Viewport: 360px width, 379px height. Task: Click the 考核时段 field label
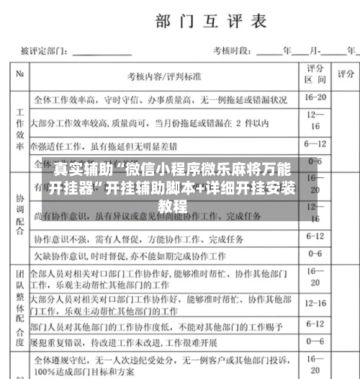[x=229, y=51]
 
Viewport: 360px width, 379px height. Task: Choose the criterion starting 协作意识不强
[x=130, y=237]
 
